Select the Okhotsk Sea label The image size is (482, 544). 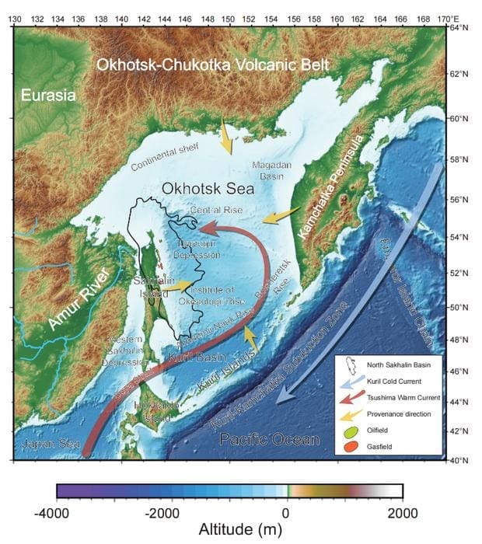pos(200,188)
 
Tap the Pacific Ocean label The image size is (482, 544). pos(270,439)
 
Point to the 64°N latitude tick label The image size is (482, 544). pos(462,29)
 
